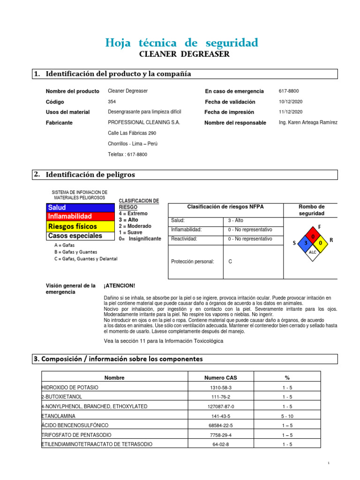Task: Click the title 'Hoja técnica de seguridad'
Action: (x=182, y=43)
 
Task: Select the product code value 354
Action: (x=112, y=102)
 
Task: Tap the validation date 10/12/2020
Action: (x=291, y=102)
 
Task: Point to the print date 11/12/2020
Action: (x=291, y=112)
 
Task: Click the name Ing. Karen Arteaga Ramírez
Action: (x=308, y=122)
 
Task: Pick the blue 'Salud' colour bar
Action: (x=80, y=207)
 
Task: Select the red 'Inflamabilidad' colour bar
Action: (x=80, y=217)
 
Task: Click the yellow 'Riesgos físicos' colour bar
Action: (x=80, y=226)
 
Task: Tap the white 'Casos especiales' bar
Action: (x=80, y=236)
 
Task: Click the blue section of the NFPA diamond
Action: (x=305, y=243)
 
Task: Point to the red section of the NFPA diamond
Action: (x=313, y=236)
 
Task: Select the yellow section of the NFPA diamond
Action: (x=320, y=243)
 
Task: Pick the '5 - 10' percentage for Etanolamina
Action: (x=287, y=416)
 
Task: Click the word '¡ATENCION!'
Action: (x=119, y=285)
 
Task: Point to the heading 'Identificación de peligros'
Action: (x=90, y=174)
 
